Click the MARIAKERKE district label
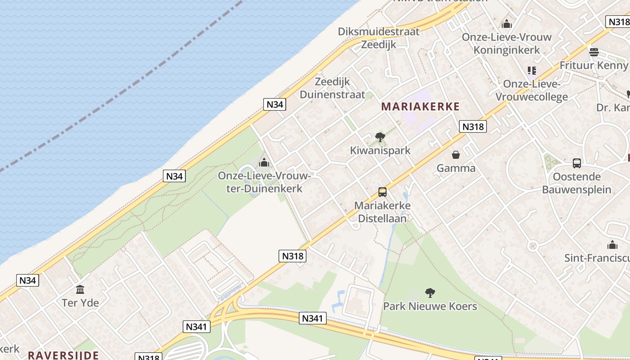(420, 107)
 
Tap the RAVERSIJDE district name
(63, 355)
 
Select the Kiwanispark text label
(380, 150)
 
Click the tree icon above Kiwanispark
(380, 137)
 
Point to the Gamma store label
(456, 168)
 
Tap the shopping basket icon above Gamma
(456, 155)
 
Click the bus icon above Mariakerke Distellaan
(382, 192)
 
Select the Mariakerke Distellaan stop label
(382, 212)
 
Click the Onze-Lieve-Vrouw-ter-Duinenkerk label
(264, 182)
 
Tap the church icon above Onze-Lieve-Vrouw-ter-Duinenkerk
(264, 162)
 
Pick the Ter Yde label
(80, 302)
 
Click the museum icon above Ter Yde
(80, 289)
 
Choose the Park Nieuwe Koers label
(430, 306)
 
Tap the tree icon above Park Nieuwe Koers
(430, 293)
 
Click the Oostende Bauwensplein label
(576, 183)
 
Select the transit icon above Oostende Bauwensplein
(576, 163)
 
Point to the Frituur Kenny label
(593, 65)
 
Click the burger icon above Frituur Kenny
(594, 52)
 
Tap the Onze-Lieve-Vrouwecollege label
(531, 90)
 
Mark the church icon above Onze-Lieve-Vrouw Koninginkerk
(507, 24)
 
